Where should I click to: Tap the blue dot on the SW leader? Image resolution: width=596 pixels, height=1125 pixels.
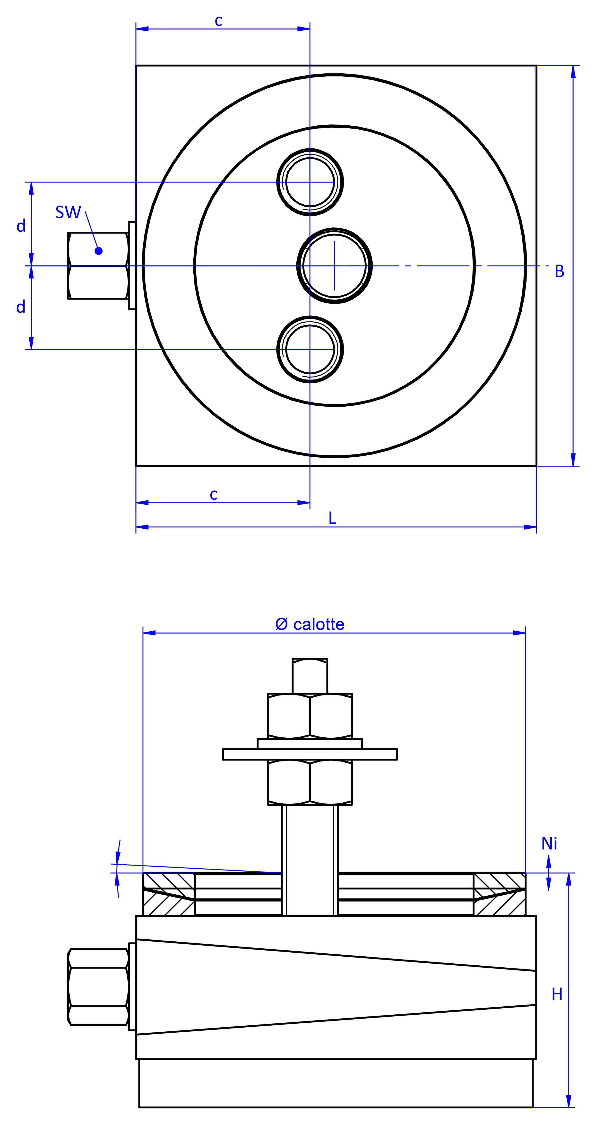(99, 251)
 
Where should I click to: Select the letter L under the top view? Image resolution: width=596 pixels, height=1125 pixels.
(332, 518)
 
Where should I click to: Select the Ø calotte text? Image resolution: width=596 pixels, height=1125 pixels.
(310, 624)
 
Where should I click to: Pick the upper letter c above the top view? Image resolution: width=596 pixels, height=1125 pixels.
(218, 21)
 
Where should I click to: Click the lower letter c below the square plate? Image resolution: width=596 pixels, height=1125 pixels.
(214, 494)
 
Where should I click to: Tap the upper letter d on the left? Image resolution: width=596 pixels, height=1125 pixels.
(21, 226)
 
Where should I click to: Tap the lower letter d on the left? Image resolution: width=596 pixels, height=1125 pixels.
(21, 307)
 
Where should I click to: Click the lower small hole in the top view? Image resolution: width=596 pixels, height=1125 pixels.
(310, 349)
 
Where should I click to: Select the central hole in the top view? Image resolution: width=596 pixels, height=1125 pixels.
(334, 266)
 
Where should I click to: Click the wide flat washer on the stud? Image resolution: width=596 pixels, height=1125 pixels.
(310, 754)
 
